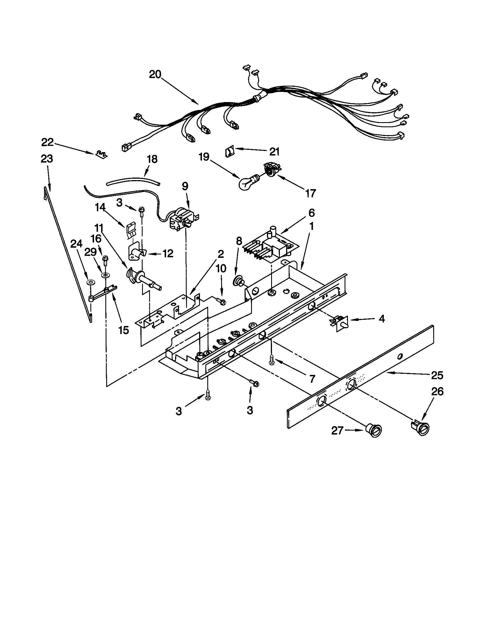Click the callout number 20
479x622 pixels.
155,75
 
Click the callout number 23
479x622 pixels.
47,159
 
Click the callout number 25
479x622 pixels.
437,376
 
